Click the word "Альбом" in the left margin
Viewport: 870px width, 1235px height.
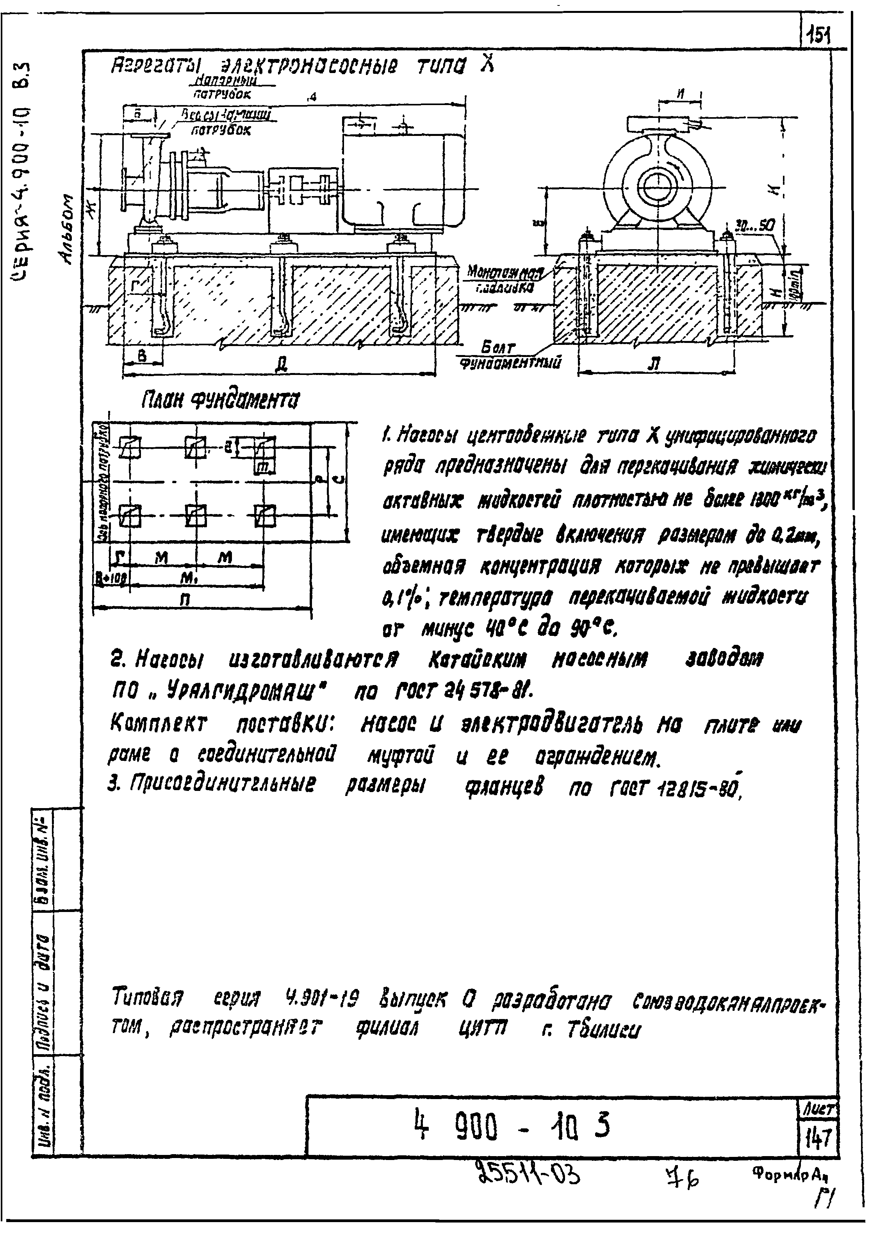click(x=68, y=228)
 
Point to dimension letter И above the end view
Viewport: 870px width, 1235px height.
click(x=681, y=93)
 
